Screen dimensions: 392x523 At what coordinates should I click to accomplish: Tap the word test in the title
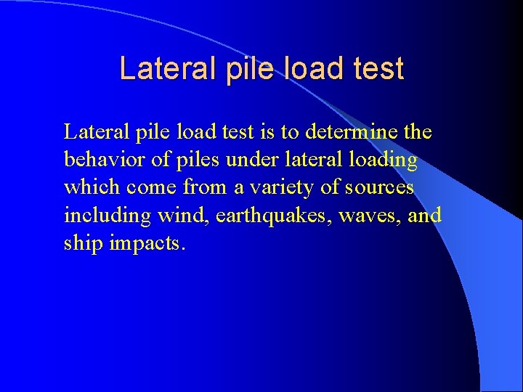[376, 69]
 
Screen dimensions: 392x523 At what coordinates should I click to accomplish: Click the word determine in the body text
[352, 133]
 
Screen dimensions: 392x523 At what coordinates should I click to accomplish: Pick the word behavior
[102, 160]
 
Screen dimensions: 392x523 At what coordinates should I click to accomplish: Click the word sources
[378, 188]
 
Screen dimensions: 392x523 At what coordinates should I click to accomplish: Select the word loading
[381, 160]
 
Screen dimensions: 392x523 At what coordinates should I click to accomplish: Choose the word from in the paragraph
[205, 188]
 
